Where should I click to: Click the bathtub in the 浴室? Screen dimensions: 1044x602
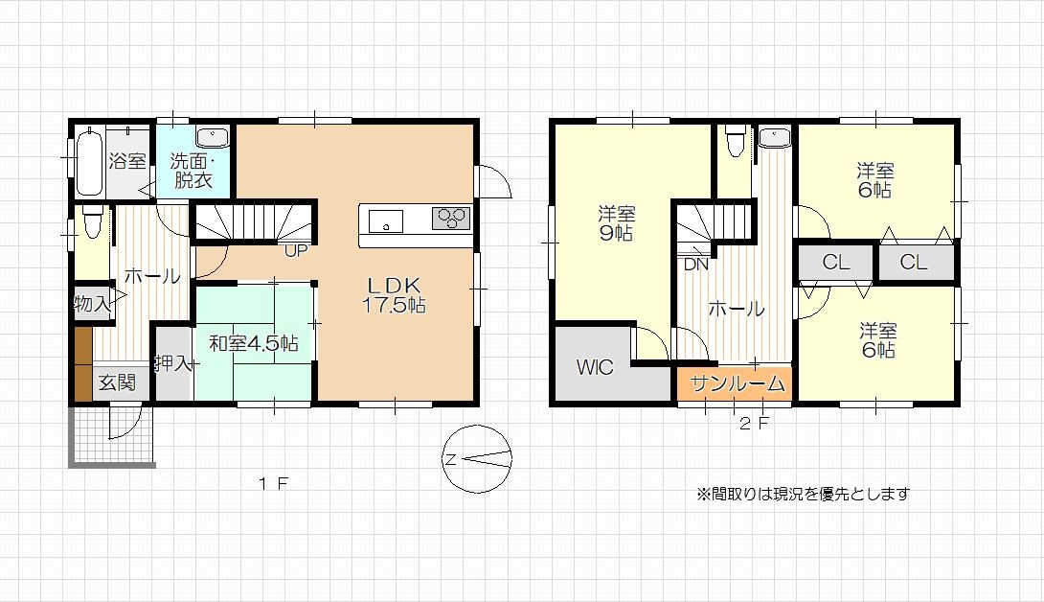(x=90, y=162)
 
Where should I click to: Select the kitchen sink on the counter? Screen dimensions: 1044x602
(x=385, y=221)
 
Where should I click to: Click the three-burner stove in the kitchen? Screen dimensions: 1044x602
(x=451, y=218)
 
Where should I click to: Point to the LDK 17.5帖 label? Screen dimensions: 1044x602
(x=395, y=295)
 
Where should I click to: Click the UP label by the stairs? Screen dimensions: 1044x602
(x=296, y=251)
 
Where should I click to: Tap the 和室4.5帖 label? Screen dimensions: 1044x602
(x=254, y=344)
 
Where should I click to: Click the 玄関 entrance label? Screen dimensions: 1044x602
(x=117, y=382)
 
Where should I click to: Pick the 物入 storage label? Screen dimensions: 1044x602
(x=92, y=304)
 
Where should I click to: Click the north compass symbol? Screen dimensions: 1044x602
(x=477, y=458)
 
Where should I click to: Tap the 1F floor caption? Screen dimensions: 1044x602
(x=274, y=483)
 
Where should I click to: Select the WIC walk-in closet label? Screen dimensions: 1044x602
(x=595, y=367)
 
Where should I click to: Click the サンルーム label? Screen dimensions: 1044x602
(x=738, y=383)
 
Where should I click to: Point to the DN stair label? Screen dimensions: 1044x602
(x=695, y=265)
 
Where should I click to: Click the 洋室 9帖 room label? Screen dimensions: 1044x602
(x=617, y=223)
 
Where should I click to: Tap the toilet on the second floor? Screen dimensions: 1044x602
(x=735, y=141)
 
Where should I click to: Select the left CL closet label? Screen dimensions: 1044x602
(x=835, y=262)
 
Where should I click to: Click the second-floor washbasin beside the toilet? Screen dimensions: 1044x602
(x=774, y=137)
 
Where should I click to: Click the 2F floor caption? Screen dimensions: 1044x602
(x=755, y=424)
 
